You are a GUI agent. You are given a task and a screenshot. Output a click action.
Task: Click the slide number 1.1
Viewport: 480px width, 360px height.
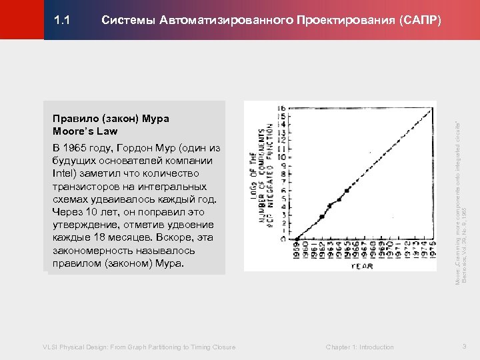coord(62,20)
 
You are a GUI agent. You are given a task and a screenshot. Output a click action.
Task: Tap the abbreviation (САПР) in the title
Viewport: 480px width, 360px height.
coord(420,20)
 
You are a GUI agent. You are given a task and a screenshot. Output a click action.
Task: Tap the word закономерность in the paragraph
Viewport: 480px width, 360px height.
coord(90,251)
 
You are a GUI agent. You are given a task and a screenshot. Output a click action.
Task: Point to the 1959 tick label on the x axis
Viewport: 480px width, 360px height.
coord(297,249)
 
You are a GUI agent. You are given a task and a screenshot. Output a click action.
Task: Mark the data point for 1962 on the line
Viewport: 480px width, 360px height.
coord(322,217)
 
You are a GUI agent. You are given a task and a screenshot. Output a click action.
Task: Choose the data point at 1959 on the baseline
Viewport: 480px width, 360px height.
coord(297,238)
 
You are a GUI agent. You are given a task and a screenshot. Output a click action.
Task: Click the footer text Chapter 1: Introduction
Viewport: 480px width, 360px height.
coord(359,347)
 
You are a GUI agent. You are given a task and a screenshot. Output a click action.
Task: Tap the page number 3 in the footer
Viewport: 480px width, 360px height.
coord(464,346)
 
